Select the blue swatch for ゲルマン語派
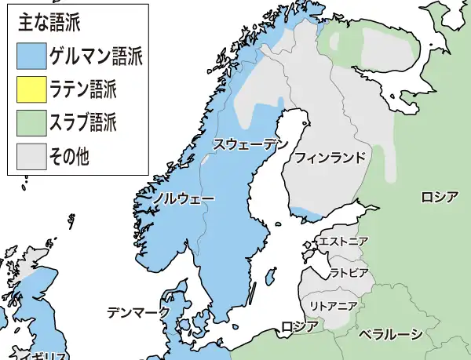coord(31,56)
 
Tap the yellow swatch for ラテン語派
coord(31,89)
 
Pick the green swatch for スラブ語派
coord(31,122)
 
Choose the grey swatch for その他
coord(31,156)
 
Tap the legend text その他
coord(69,156)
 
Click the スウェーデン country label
coord(250,144)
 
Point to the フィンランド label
coord(330,158)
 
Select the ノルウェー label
coord(183,199)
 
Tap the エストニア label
coord(343,242)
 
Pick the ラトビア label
coord(348,273)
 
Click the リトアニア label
coord(335,304)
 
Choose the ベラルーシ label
coord(390,334)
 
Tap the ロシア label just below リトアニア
coord(299,326)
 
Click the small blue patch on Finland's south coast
coord(312,213)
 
